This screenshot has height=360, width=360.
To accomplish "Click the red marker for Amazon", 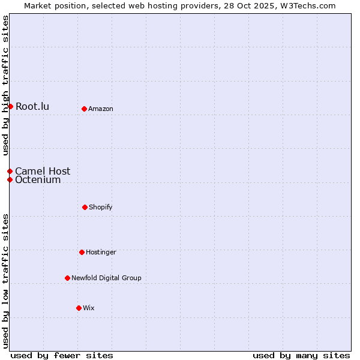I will pyautogui.click(x=85, y=109).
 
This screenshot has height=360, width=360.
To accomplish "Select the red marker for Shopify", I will pyautogui.click(x=85, y=207).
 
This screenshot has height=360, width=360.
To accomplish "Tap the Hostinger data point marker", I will pyautogui.click(x=82, y=252).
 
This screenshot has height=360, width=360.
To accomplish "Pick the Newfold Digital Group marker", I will pyautogui.click(x=67, y=278).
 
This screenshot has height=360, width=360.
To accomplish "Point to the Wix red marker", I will pyautogui.click(x=79, y=308).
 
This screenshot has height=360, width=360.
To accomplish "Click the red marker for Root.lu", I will pyautogui.click(x=10, y=106).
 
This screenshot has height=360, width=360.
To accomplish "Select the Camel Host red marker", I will pyautogui.click(x=10, y=171).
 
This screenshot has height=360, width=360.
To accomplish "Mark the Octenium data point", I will pyautogui.click(x=10, y=179).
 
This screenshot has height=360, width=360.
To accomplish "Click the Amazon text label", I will pyautogui.click(x=101, y=109).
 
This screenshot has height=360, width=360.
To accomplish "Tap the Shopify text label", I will pyautogui.click(x=101, y=207).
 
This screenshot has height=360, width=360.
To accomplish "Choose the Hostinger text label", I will pyautogui.click(x=101, y=252).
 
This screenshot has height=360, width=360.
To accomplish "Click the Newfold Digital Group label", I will pyautogui.click(x=106, y=278).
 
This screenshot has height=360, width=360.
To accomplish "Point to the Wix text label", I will pyautogui.click(x=89, y=308).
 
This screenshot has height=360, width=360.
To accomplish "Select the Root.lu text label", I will pyautogui.click(x=32, y=107).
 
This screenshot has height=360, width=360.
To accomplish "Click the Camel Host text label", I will pyautogui.click(x=43, y=171).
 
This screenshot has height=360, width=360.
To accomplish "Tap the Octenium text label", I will pyautogui.click(x=38, y=180).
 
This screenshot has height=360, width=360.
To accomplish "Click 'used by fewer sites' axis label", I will pyautogui.click(x=62, y=355).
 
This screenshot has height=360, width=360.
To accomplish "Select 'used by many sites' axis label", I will pyautogui.click(x=301, y=355).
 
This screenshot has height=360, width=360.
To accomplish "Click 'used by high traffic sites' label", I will pyautogui.click(x=5, y=86).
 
